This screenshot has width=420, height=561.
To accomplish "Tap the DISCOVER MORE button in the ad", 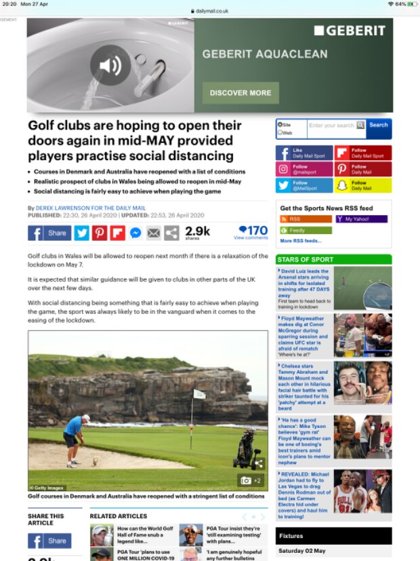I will (240, 93).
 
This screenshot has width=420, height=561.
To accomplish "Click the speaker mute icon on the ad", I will (110, 65).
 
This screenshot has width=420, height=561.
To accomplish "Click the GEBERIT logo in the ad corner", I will (350, 31).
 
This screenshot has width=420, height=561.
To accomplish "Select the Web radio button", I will (280, 133).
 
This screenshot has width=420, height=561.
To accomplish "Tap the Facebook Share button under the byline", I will (49, 233).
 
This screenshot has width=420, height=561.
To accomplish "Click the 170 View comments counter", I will (252, 232).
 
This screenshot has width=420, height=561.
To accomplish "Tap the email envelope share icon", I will (154, 233).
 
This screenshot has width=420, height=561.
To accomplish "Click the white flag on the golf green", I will (198, 393).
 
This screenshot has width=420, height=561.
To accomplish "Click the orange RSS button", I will (305, 219).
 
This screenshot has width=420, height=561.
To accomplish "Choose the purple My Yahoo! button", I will (361, 219).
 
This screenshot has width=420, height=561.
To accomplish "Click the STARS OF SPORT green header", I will (333, 259).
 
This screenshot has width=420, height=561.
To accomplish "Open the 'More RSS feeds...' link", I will (301, 241).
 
